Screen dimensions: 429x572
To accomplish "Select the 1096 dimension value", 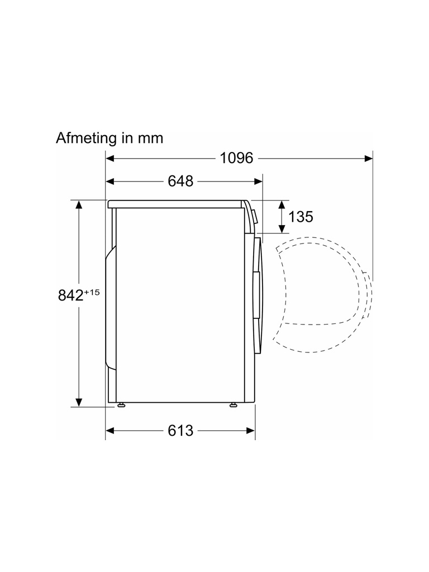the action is (x=236, y=158).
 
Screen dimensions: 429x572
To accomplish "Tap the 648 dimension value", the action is (x=180, y=181).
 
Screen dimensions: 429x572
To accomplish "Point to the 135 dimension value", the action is (x=301, y=217).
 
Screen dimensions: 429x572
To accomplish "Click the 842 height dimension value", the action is (x=71, y=295).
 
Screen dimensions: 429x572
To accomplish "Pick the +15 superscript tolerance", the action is (x=92, y=292).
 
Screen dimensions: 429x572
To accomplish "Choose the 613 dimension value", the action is (x=180, y=431).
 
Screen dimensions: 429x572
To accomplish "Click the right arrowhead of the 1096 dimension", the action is (x=369, y=158).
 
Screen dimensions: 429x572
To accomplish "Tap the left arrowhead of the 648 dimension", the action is (x=110, y=182).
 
